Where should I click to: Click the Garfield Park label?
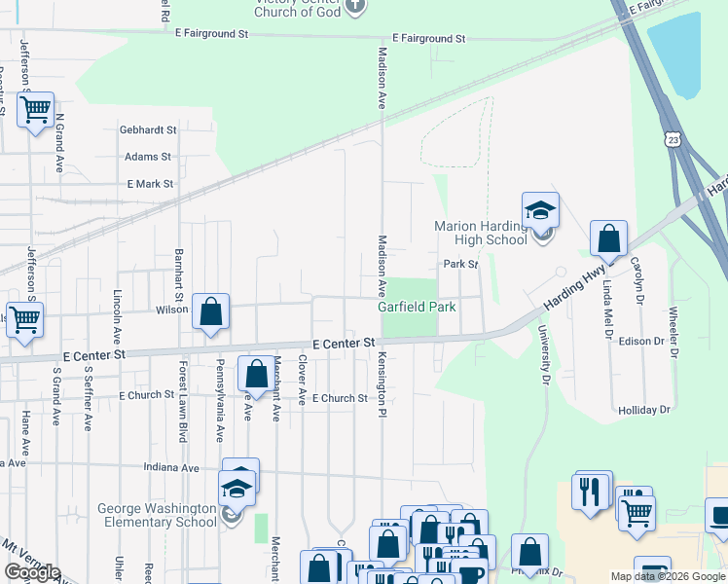coord(417,307)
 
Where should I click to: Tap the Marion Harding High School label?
coord(481,234)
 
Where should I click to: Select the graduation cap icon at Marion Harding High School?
coord(540,210)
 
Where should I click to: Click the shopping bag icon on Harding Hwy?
coord(608,238)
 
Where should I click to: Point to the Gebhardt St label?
coord(148,129)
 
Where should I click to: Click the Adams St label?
coord(148,156)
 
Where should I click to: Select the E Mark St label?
coord(150,183)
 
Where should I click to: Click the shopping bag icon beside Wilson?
coord(211,312)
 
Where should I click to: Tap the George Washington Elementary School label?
coord(156,515)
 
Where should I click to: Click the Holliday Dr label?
coord(644,410)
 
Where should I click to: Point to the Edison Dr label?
coord(638,341)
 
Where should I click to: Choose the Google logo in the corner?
coord(31,572)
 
